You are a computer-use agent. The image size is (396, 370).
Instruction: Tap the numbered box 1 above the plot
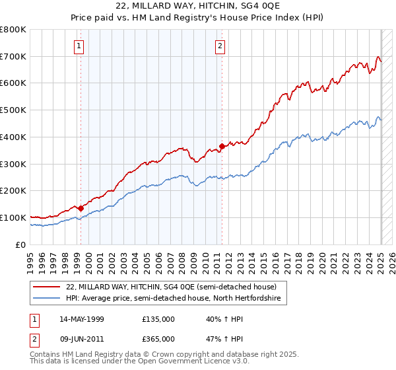pos(79,46)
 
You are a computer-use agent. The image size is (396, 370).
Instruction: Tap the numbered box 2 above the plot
pos(220,46)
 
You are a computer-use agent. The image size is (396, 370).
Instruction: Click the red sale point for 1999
pos(81,208)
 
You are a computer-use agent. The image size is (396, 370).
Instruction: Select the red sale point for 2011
pos(222,146)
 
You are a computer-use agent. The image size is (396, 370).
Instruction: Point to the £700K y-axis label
pos(13,57)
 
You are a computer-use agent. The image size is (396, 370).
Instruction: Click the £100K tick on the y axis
pos(13,217)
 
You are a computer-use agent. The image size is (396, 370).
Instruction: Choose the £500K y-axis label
pos(13,110)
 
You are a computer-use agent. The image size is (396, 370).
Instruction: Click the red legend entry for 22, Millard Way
pos(176,287)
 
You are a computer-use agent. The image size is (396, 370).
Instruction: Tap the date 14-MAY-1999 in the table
pos(82,319)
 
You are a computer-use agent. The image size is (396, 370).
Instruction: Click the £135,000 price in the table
pos(158,319)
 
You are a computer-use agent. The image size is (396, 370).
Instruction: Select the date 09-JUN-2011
pos(82,338)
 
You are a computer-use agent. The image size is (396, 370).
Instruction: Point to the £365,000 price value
pos(158,338)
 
